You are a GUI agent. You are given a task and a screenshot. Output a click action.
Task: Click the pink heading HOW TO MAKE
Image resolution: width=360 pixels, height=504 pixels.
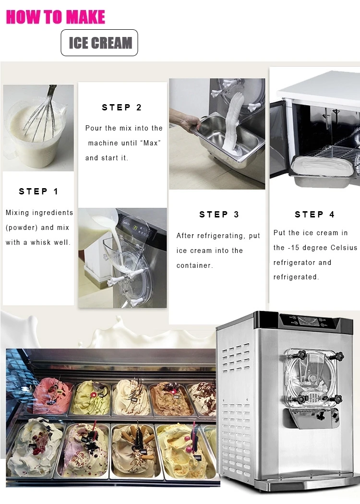[x=55, y=17]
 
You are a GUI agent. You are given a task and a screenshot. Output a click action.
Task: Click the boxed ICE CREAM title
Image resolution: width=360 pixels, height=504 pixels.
[x=99, y=43]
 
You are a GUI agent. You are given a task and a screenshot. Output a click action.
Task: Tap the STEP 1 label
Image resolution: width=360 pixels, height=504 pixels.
[x=38, y=192]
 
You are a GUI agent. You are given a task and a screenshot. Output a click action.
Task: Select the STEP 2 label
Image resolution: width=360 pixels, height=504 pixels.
[x=122, y=108]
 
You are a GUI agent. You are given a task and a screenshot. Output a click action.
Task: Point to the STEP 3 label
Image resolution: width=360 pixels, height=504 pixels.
[x=219, y=215]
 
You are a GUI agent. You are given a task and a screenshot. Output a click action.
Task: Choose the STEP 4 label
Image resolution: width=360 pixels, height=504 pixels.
[x=315, y=215]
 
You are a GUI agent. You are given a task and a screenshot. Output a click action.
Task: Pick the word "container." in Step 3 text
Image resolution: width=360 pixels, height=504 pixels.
[x=195, y=265]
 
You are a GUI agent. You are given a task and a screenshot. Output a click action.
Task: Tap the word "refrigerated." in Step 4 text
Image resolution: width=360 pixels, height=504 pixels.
[x=296, y=277]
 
